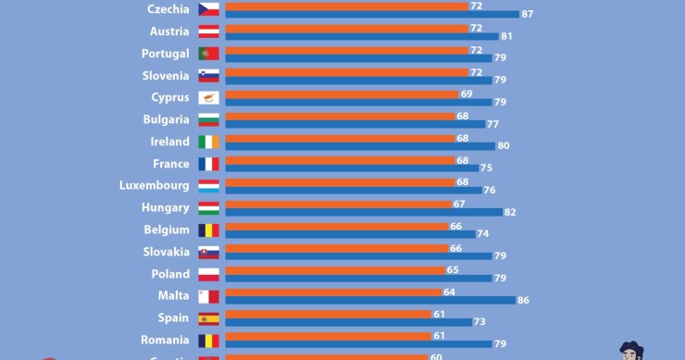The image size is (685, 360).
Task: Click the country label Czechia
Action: point(168,9)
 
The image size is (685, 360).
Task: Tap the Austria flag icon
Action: point(208,31)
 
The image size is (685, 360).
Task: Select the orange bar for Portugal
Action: point(346,50)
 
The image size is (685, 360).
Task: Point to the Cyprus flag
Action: point(208,97)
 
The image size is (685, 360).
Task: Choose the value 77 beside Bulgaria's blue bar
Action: point(493,124)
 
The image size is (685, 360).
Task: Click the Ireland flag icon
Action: point(208,142)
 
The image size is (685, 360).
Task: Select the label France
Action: point(170,164)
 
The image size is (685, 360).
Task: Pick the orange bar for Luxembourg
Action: point(341,182)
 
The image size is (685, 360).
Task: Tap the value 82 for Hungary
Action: point(510,212)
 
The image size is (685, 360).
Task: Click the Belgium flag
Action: point(208,230)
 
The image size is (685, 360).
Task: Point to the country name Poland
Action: point(170,274)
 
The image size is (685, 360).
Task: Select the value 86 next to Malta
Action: point(523,300)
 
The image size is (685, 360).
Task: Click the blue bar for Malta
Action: point(370,300)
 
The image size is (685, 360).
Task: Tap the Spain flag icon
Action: point(208,318)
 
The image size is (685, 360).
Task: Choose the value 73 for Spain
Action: point(479,322)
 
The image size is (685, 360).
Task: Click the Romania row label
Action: point(166,340)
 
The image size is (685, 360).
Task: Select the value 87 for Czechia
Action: point(527,14)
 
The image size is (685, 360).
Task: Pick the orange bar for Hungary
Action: point(339,204)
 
